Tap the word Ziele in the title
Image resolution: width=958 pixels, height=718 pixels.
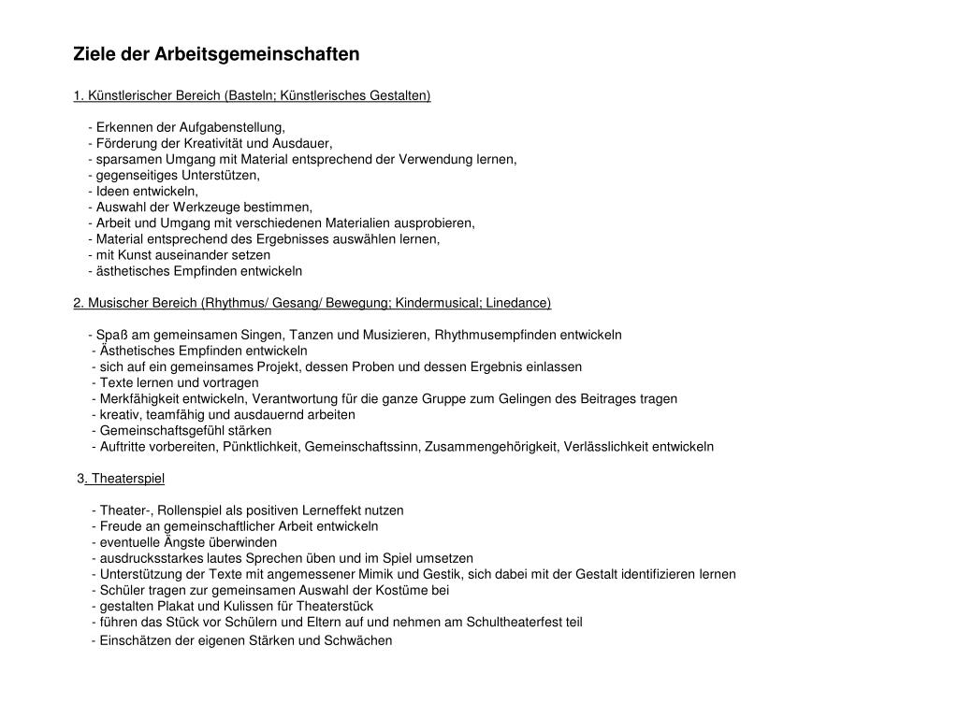point(94,54)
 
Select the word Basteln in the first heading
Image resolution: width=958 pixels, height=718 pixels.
point(250,95)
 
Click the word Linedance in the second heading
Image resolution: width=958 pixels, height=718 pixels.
point(517,303)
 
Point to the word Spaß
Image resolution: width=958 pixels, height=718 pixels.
point(110,335)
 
